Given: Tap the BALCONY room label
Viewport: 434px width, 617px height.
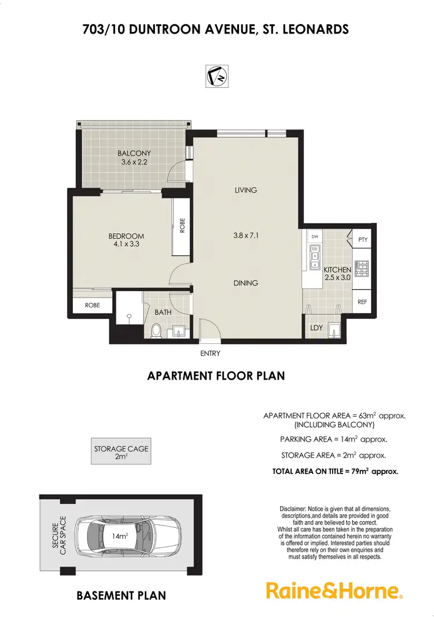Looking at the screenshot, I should click(x=134, y=153).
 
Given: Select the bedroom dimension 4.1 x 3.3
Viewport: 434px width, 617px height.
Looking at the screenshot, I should click(x=126, y=244).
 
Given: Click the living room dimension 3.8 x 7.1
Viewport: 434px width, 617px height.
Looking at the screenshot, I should click(x=245, y=236).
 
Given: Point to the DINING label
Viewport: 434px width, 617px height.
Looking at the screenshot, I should click(x=246, y=283).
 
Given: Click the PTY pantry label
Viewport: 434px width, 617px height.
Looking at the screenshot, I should click(x=363, y=240).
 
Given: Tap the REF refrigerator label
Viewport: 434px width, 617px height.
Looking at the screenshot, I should click(x=363, y=302).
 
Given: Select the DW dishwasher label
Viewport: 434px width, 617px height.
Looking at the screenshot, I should click(x=315, y=237).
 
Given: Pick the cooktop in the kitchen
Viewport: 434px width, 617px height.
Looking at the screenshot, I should click(x=362, y=269).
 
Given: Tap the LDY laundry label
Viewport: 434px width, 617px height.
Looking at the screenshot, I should click(x=316, y=328).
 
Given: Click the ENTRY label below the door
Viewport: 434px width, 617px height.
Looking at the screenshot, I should click(x=209, y=353).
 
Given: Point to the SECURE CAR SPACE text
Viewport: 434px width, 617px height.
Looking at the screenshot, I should click(x=60, y=536).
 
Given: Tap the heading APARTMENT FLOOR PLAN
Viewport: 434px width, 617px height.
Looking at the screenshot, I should click(x=216, y=376).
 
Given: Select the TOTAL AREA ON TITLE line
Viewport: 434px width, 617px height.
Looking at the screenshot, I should click(x=335, y=472).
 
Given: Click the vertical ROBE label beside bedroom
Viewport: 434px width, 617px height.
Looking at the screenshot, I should click(x=182, y=225).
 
